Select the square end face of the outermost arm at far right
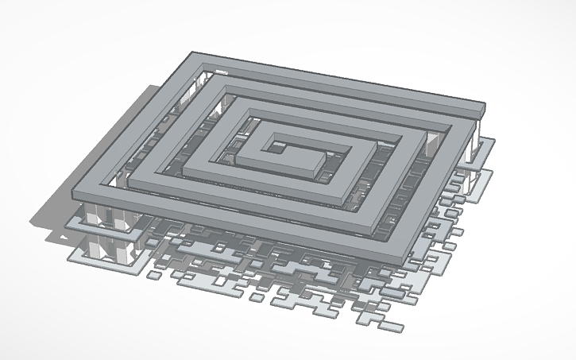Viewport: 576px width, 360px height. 480,114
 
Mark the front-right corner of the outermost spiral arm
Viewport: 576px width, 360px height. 396,235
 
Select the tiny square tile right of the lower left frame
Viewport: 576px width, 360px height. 151,273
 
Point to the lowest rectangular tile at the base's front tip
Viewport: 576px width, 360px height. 389,326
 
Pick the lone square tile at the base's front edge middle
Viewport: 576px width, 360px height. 257,296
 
